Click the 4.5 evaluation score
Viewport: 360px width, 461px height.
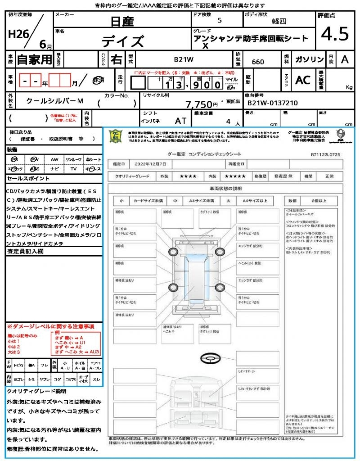(335, 34)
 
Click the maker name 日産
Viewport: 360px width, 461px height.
(122, 21)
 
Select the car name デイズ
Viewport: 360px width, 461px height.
(122, 41)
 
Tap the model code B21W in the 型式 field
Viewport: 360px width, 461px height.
(184, 59)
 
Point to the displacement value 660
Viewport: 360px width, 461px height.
(258, 62)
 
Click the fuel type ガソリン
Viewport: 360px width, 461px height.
(308, 59)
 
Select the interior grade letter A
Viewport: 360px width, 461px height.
(345, 59)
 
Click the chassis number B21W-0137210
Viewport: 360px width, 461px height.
(273, 103)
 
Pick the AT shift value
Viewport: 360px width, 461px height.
(181, 121)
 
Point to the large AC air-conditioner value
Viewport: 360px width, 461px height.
(303, 80)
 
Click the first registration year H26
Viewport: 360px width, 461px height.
(17, 35)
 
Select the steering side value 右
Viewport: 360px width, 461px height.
(117, 59)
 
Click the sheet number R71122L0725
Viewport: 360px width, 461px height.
(325, 154)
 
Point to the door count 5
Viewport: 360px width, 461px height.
(219, 20)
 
